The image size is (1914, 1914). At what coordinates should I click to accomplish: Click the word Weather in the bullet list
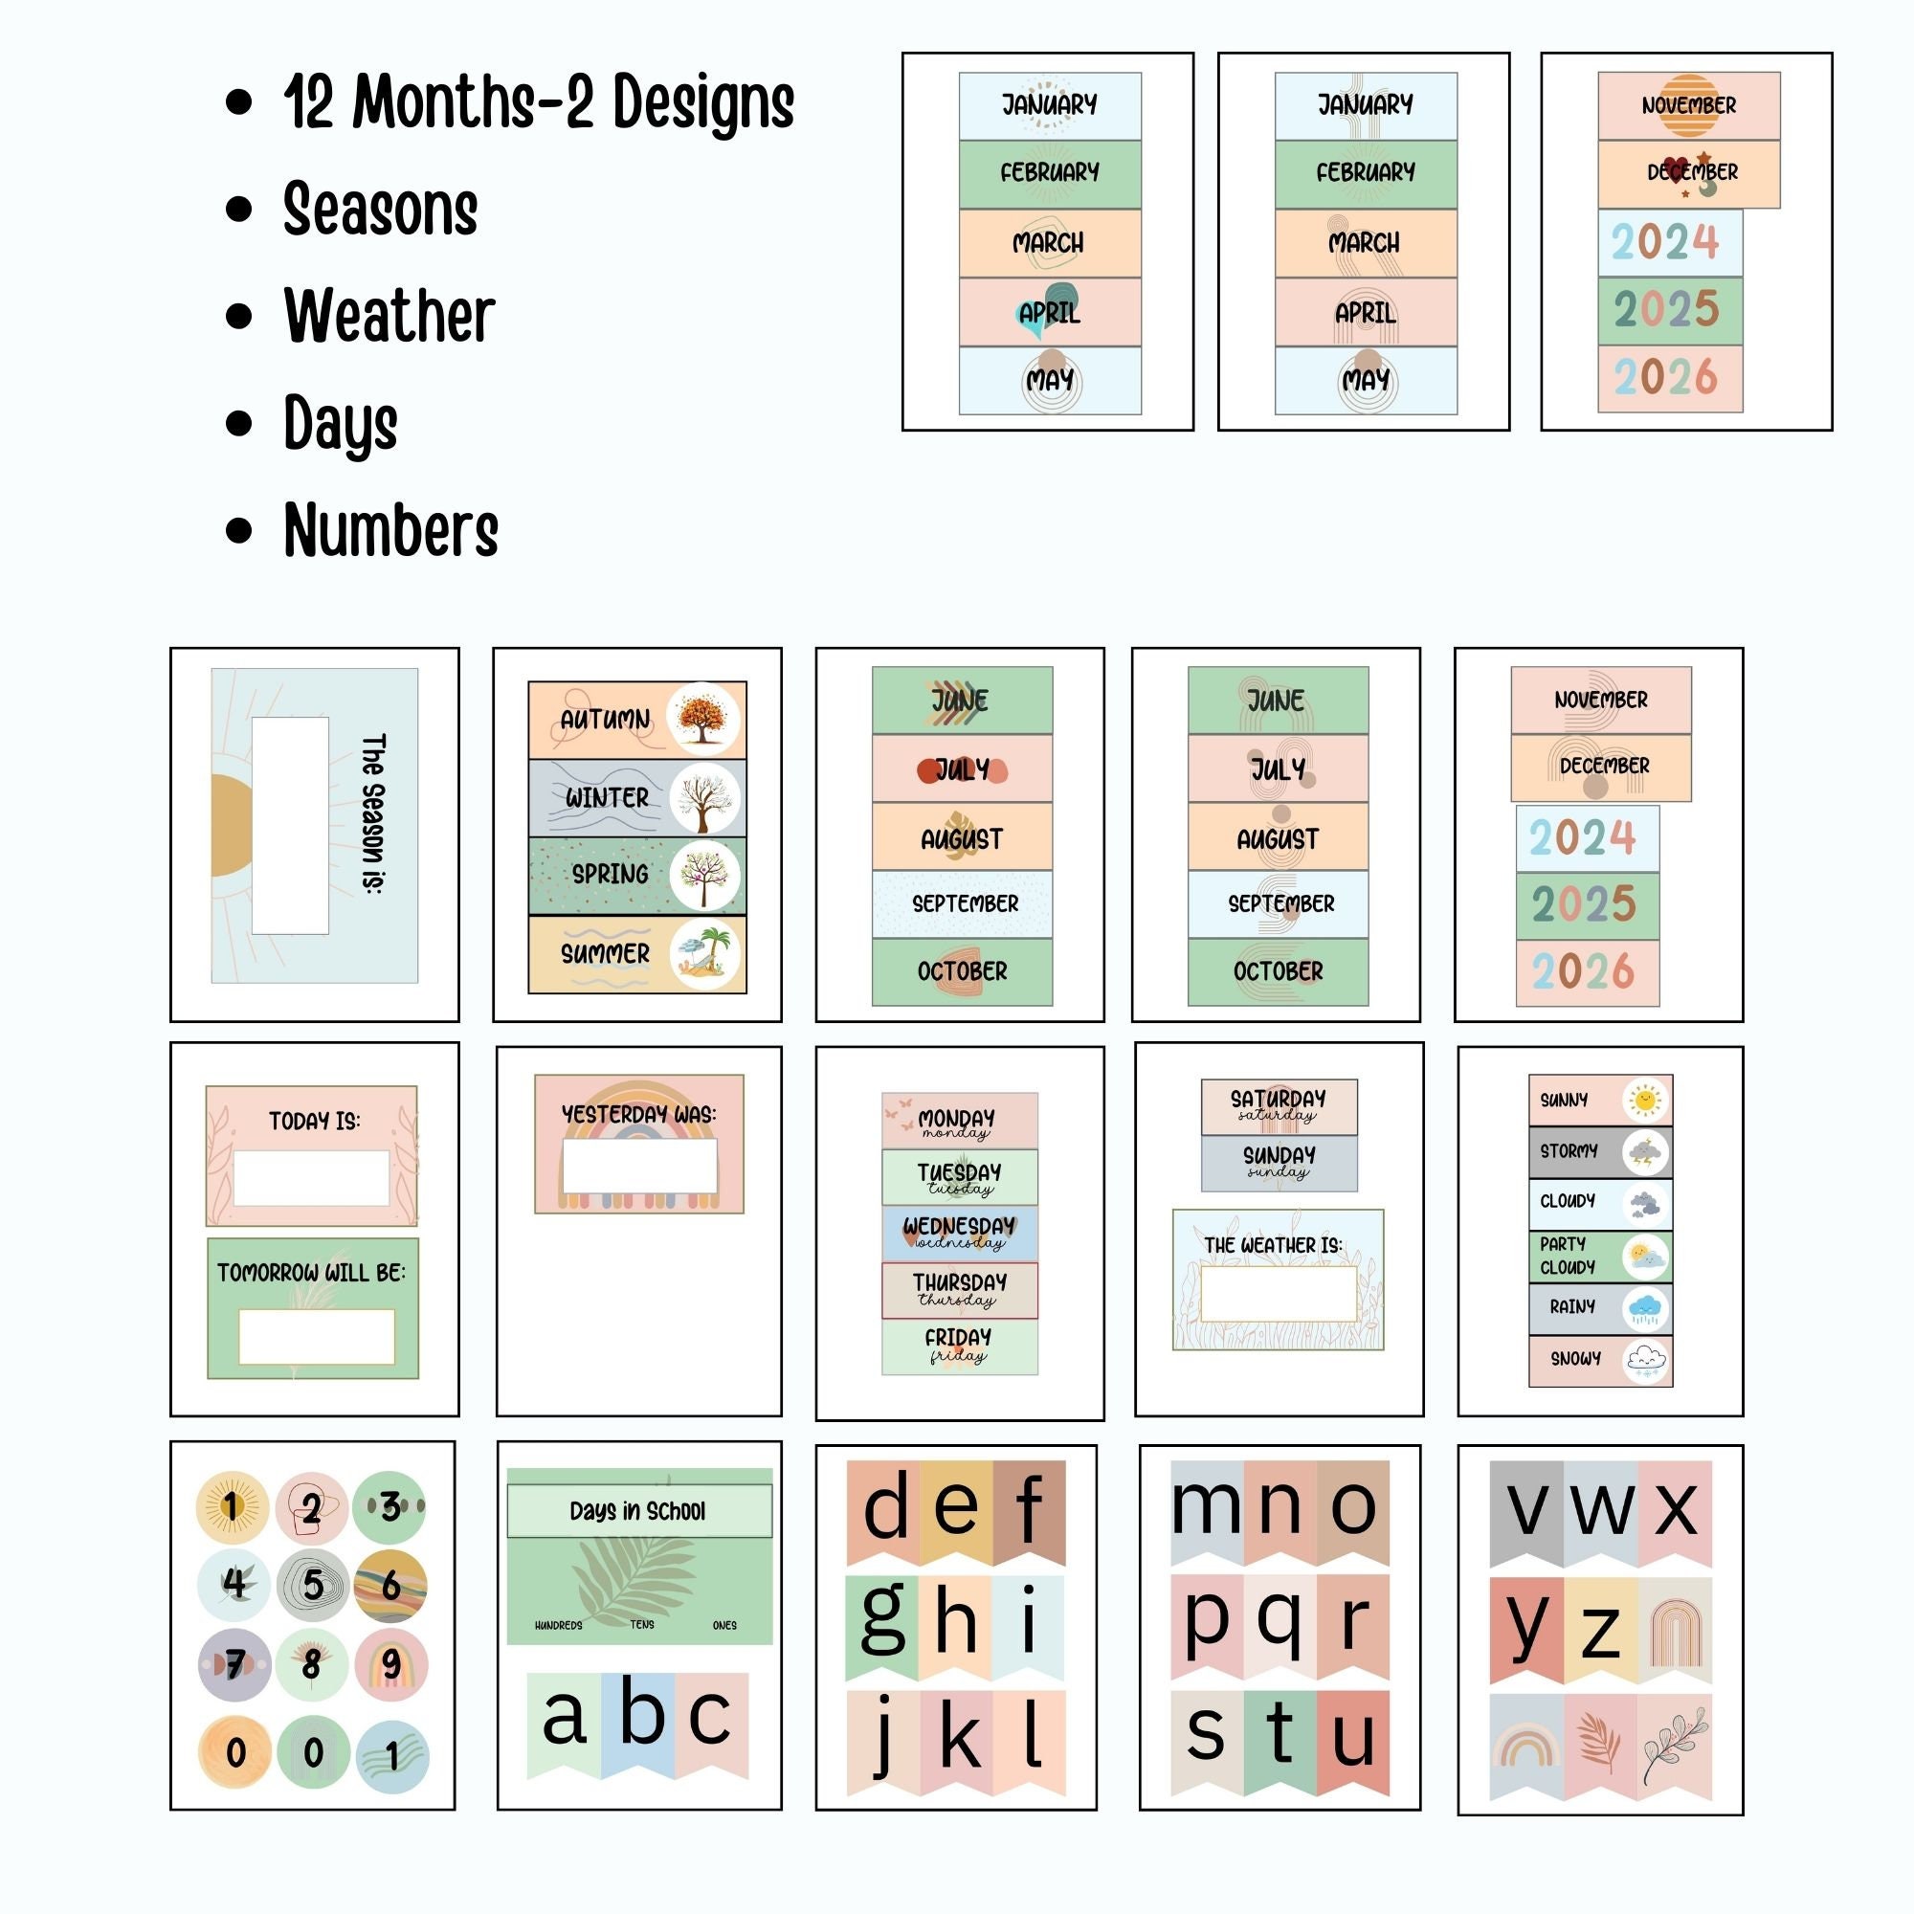[x=389, y=316]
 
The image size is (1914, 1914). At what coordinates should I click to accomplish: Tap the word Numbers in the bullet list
[x=390, y=530]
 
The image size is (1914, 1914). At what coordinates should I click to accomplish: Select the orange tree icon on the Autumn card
[x=703, y=719]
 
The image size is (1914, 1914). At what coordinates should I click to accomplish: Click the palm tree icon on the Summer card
[x=704, y=954]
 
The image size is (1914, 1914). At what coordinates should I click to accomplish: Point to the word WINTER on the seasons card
[x=607, y=797]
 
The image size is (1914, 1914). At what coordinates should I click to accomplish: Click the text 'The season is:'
[x=373, y=813]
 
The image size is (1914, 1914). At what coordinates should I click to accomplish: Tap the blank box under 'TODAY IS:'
[x=311, y=1178]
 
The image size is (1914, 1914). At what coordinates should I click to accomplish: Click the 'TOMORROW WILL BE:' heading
[x=311, y=1272]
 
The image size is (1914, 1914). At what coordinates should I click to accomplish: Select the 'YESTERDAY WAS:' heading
[x=639, y=1114]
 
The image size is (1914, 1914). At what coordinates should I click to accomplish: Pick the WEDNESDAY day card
[x=959, y=1233]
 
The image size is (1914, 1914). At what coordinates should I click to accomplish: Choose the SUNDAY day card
[x=1279, y=1162]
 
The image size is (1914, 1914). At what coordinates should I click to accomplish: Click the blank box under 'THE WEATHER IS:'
[x=1278, y=1294]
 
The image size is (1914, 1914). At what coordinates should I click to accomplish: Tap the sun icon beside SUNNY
[x=1644, y=1100]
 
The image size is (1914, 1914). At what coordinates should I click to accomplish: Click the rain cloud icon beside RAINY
[x=1645, y=1308]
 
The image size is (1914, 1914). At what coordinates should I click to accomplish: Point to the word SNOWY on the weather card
[x=1575, y=1358]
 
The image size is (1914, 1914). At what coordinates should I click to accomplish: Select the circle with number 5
[x=313, y=1584]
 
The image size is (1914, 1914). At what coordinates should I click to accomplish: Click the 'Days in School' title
[x=638, y=1511]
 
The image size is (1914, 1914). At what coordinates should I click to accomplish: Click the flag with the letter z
[x=1600, y=1630]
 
